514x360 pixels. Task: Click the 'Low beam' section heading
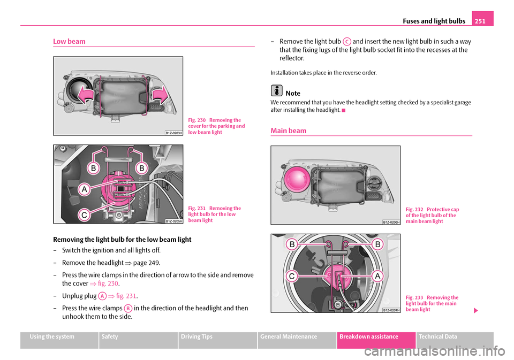(69, 41)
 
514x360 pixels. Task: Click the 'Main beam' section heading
(289, 131)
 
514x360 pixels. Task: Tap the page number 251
(482, 20)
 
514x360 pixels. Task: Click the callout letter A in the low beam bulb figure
(84, 189)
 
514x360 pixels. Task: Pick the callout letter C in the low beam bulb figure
(84, 215)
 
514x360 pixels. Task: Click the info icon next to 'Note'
(276, 91)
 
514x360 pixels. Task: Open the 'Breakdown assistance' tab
(376, 337)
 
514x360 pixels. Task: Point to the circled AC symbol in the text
(347, 41)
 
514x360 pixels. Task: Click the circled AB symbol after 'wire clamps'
(127, 308)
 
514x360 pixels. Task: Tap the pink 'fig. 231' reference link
(126, 296)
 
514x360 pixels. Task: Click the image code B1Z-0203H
(173, 132)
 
